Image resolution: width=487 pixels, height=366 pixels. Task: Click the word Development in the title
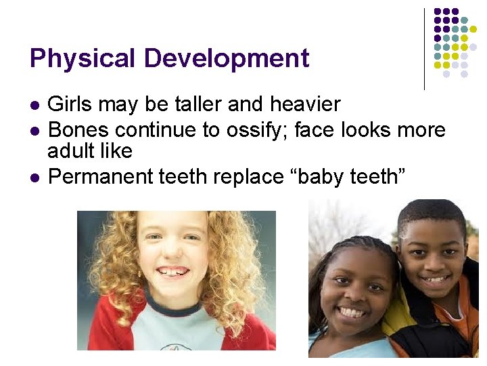[x=227, y=58]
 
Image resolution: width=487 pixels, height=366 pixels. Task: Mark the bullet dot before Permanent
[x=34, y=178]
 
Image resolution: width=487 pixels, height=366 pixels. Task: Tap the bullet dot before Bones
[x=34, y=130]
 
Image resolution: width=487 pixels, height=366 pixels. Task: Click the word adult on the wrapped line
[x=70, y=150]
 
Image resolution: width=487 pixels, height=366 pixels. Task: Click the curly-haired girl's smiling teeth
[x=172, y=272]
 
